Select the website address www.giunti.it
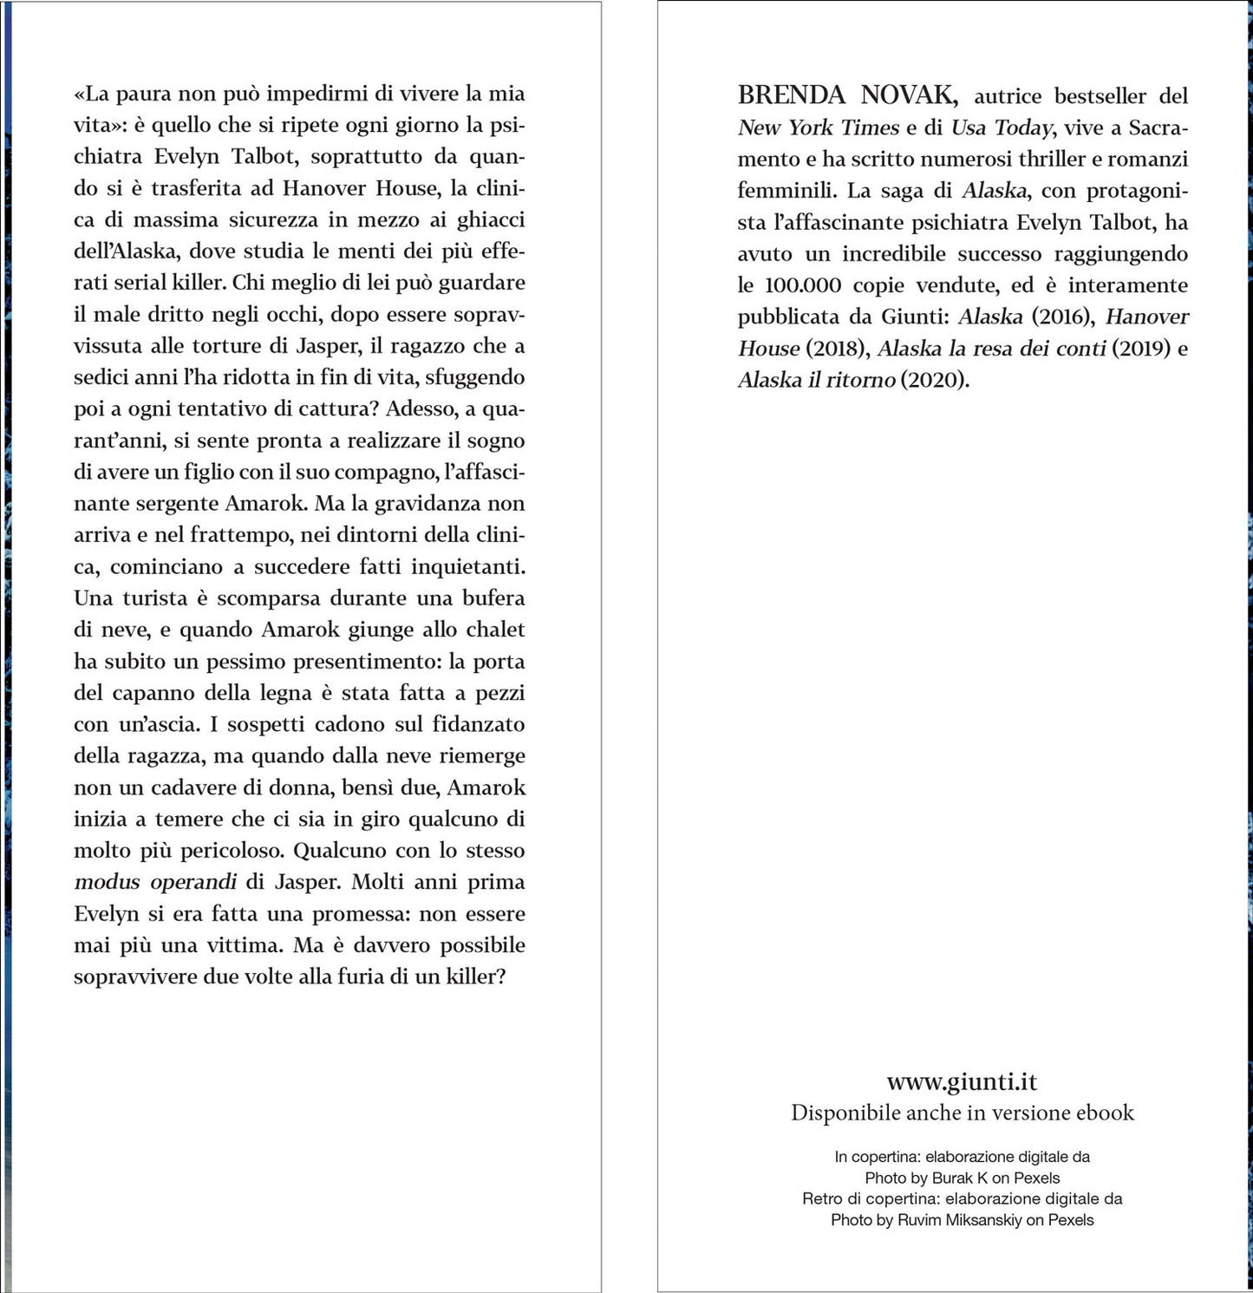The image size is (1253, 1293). (x=962, y=1082)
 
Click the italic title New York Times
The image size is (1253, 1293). (x=818, y=127)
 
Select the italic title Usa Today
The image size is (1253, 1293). (x=1002, y=127)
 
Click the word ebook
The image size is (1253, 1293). (x=1101, y=1113)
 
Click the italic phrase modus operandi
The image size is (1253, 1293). (x=155, y=882)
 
